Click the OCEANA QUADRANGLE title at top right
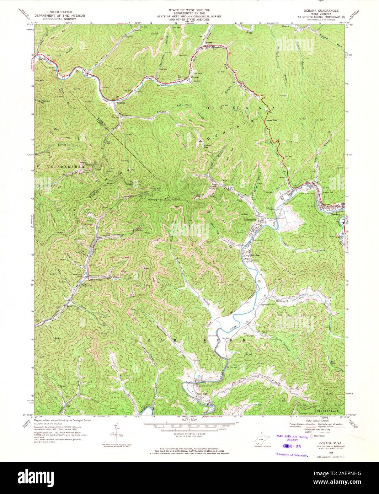pos(326,11)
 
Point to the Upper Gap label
pos(271,120)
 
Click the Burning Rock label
pos(155,200)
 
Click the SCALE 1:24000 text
pos(189,420)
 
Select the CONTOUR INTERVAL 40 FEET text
pos(189,434)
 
